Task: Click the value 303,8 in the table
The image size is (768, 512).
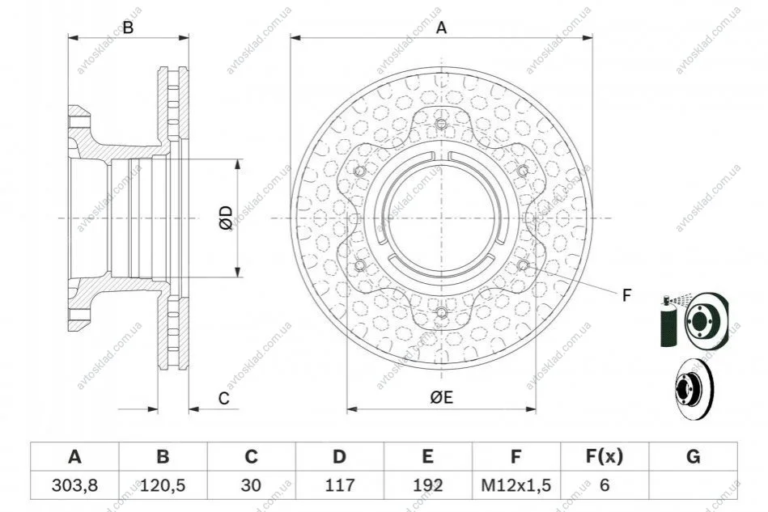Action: click(x=74, y=485)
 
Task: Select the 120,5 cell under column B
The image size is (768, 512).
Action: click(x=163, y=485)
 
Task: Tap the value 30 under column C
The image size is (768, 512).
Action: click(x=251, y=485)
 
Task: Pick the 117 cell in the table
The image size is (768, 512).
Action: click(x=339, y=485)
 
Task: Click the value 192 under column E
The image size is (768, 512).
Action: click(x=427, y=485)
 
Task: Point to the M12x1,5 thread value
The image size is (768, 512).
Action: click(x=516, y=485)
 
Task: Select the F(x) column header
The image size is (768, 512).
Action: click(x=605, y=457)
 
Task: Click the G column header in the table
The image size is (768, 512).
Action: click(x=693, y=457)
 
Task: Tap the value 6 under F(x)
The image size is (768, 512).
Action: click(x=605, y=485)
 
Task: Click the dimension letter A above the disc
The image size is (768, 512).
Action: click(x=441, y=28)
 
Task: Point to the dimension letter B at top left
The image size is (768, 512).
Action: click(x=128, y=28)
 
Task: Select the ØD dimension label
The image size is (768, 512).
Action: click(x=226, y=218)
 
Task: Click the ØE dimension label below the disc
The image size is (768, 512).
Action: click(x=441, y=397)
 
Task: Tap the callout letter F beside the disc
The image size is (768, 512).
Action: click(x=626, y=296)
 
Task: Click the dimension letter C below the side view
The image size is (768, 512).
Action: click(x=224, y=399)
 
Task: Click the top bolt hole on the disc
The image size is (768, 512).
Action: click(x=441, y=124)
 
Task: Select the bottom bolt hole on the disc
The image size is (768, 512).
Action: click(x=441, y=312)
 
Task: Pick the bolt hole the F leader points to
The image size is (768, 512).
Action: click(x=523, y=264)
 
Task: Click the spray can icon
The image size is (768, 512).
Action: click(x=668, y=322)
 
